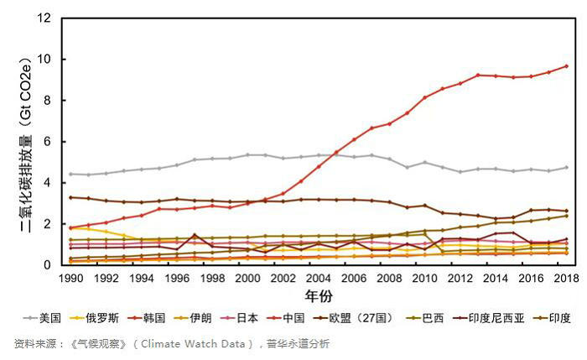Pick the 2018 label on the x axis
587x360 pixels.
click(x=565, y=278)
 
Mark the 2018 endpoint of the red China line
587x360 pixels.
click(x=566, y=65)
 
